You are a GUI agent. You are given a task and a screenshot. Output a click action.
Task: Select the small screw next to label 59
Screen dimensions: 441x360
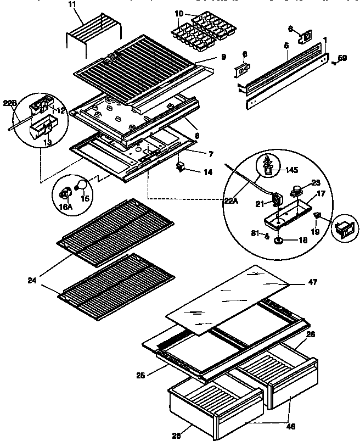click(x=333, y=63)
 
